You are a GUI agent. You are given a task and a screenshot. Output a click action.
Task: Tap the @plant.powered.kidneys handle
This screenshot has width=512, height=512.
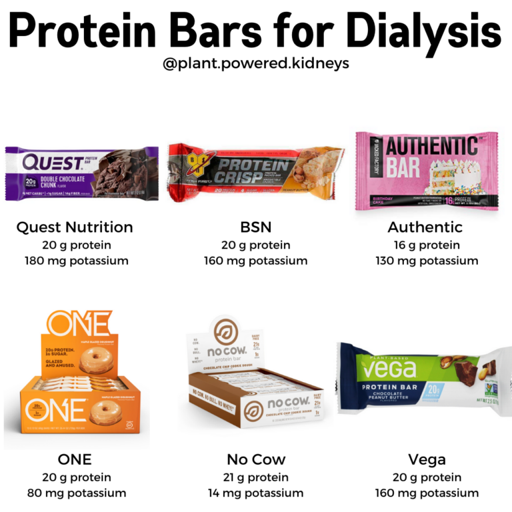[256, 64]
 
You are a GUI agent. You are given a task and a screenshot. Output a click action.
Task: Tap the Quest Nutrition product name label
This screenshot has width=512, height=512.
[75, 227]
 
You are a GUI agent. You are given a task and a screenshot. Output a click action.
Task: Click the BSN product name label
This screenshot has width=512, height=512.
[256, 227]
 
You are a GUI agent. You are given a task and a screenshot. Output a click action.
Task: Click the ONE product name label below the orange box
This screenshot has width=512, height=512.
[75, 459]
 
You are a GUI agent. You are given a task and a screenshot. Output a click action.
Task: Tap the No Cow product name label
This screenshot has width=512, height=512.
[256, 459]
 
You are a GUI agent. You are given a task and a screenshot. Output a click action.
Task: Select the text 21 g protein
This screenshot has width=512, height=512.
[256, 477]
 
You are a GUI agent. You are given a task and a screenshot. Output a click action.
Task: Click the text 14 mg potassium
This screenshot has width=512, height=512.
[256, 493]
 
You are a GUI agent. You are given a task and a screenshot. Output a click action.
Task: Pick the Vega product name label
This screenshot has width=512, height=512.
[427, 459]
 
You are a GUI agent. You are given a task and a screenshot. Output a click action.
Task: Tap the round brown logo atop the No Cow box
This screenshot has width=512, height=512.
[224, 329]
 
